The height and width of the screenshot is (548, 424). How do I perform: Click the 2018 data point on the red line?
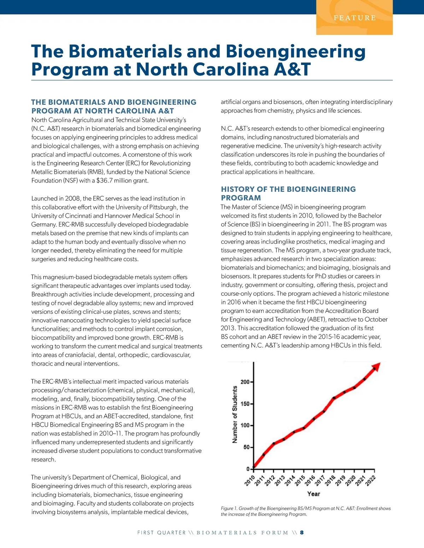[334, 398]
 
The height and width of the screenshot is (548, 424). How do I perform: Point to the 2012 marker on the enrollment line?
[274, 443]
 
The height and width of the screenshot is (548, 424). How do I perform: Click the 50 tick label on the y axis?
[246, 447]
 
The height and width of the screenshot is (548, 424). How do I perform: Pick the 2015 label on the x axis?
[300, 480]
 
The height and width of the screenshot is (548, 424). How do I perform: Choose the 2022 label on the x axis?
[371, 480]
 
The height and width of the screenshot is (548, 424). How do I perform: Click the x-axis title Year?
[314, 494]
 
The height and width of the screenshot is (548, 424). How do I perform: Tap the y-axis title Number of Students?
[235, 414]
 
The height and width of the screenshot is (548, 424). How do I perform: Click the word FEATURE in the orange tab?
[355, 18]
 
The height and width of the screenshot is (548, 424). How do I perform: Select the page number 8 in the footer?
[302, 532]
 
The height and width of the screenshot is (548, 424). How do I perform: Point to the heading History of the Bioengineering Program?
[288, 193]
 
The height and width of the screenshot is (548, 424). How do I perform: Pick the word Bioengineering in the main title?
[295, 51]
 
